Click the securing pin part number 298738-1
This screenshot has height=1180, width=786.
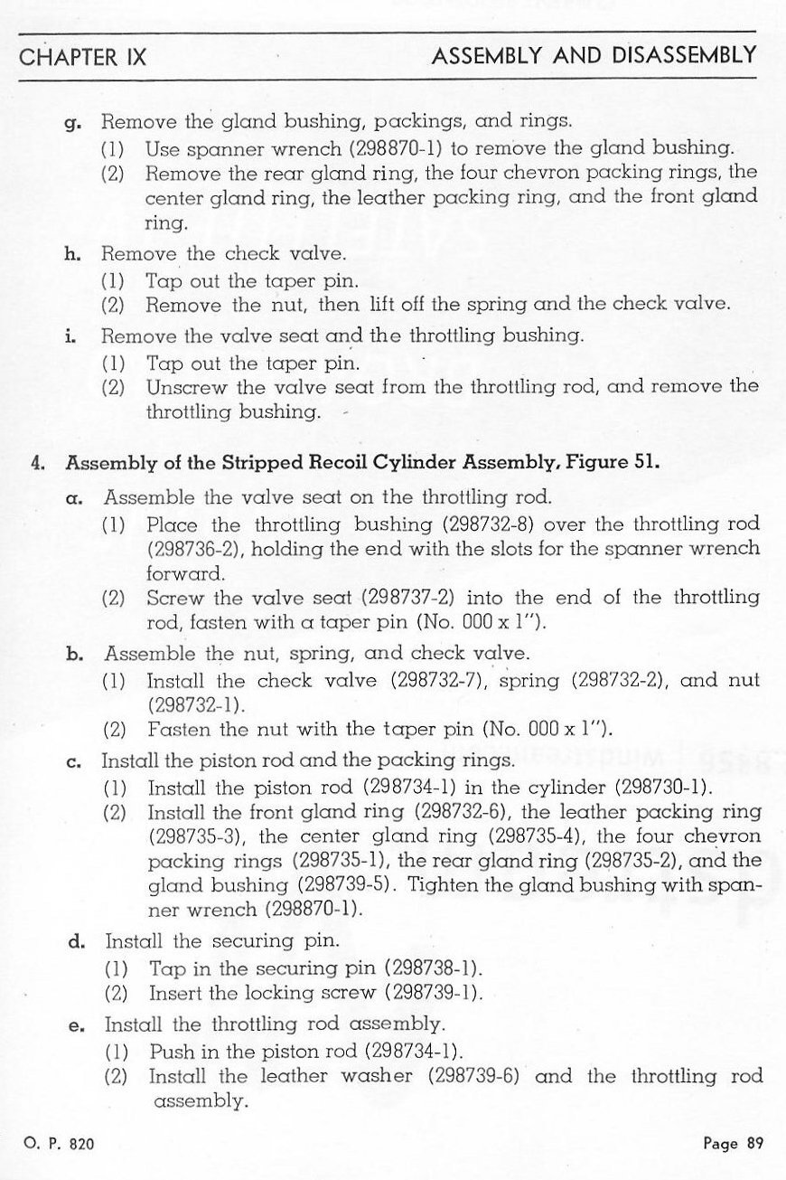pyautogui.click(x=432, y=968)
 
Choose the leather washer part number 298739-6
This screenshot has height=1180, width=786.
pyautogui.click(x=477, y=1077)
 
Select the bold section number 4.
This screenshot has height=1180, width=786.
pyautogui.click(x=37, y=464)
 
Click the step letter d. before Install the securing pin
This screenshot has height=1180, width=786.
pyautogui.click(x=77, y=943)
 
